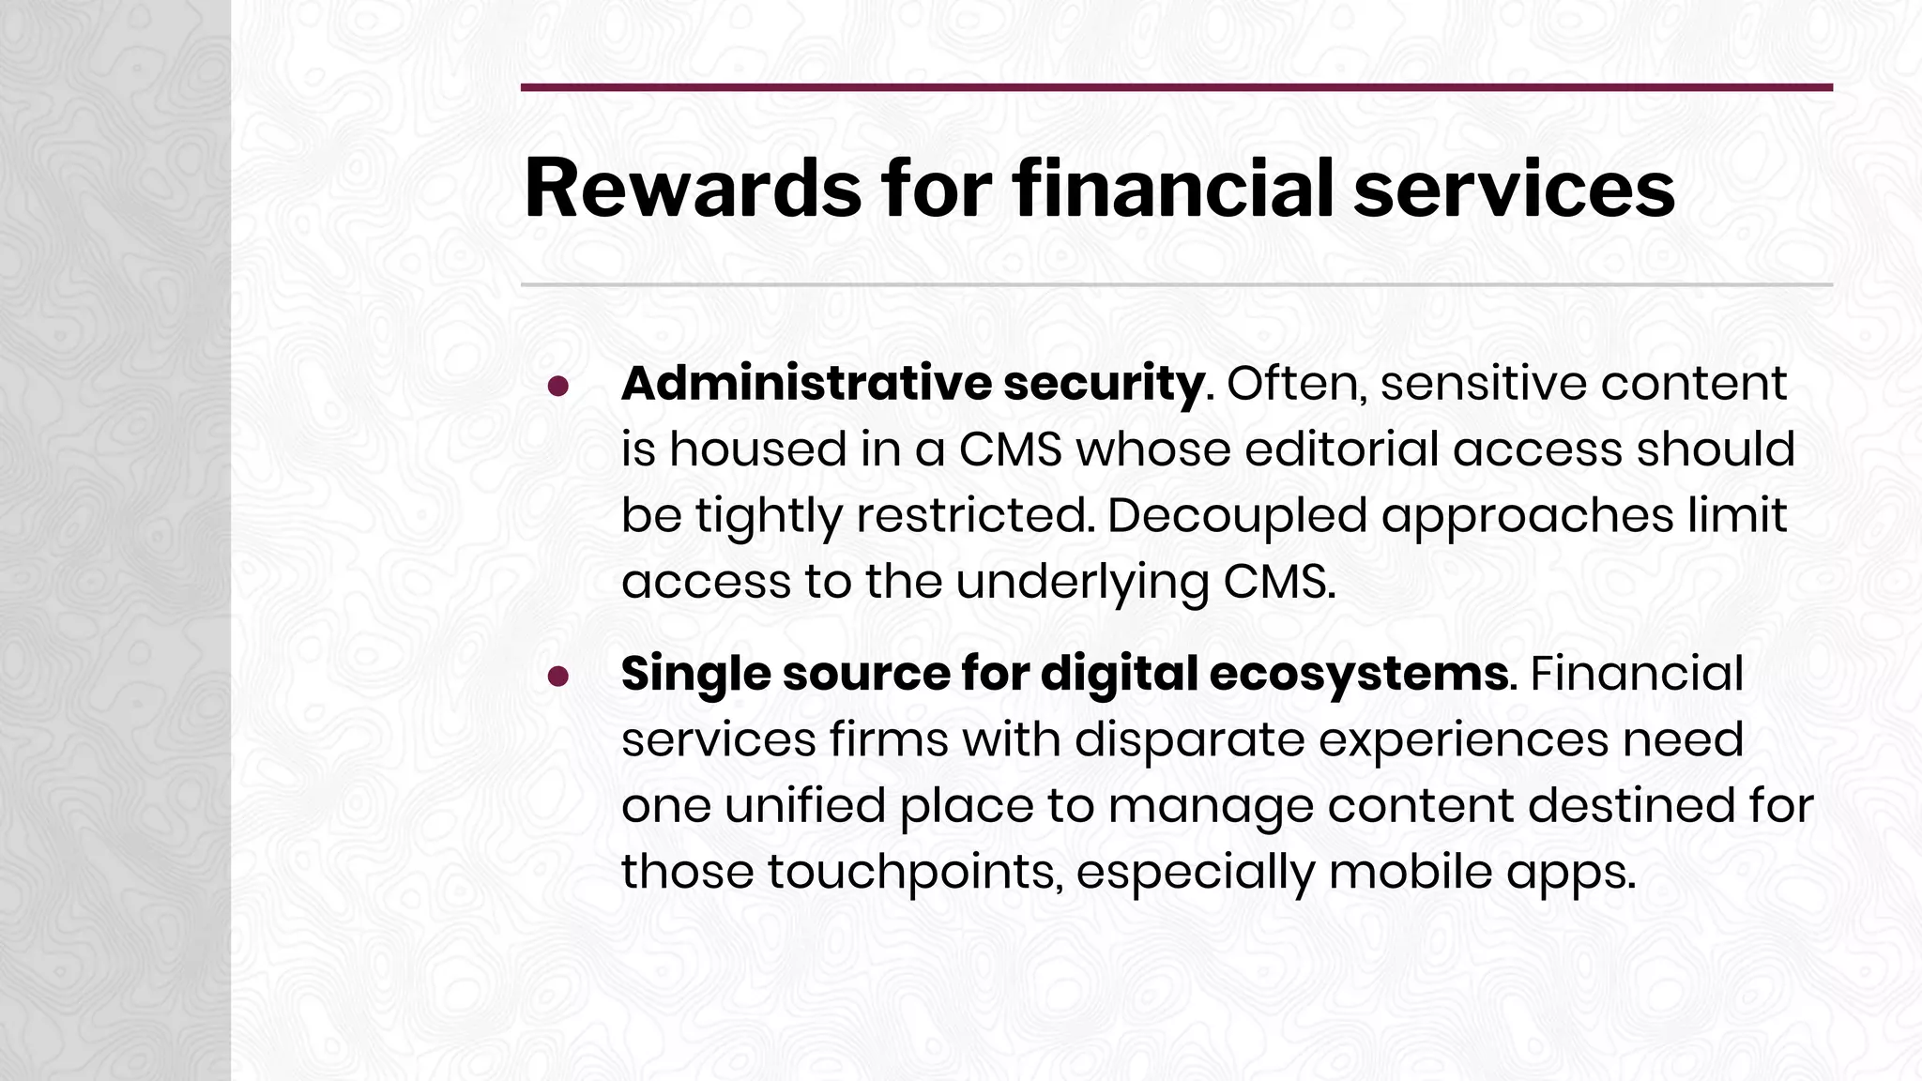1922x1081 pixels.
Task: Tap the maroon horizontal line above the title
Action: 1176,87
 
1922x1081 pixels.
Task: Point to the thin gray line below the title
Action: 1176,284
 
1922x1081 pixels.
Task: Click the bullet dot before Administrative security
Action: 559,386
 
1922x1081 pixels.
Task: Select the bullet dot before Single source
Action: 559,676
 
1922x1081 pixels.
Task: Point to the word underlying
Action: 1082,582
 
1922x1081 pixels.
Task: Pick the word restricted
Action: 975,516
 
